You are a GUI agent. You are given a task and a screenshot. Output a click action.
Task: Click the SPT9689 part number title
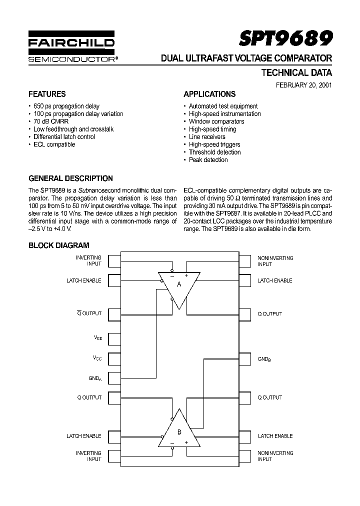(285, 38)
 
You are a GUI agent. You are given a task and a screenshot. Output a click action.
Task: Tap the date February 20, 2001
(304, 85)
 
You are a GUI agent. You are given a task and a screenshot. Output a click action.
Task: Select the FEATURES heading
(47, 94)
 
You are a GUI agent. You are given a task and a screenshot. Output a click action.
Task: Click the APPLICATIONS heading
(209, 94)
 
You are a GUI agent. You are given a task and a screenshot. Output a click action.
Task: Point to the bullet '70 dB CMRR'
(51, 121)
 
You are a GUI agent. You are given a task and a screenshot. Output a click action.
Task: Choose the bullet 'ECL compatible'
(54, 144)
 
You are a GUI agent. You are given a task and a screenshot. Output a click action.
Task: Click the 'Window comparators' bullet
(216, 121)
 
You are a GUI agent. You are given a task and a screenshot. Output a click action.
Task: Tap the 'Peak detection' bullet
(208, 160)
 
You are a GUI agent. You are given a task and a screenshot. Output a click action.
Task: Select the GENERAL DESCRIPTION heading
(70, 178)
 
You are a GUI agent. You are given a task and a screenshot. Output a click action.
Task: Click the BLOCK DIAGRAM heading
(58, 245)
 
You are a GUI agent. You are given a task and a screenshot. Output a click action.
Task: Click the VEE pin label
(97, 338)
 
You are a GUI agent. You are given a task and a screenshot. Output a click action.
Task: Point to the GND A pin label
(95, 378)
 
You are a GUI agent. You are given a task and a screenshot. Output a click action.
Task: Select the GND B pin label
(264, 359)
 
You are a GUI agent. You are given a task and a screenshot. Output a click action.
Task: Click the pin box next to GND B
(245, 359)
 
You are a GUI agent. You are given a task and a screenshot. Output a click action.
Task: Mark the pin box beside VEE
(114, 338)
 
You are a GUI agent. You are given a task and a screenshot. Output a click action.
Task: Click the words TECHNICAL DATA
(297, 72)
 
